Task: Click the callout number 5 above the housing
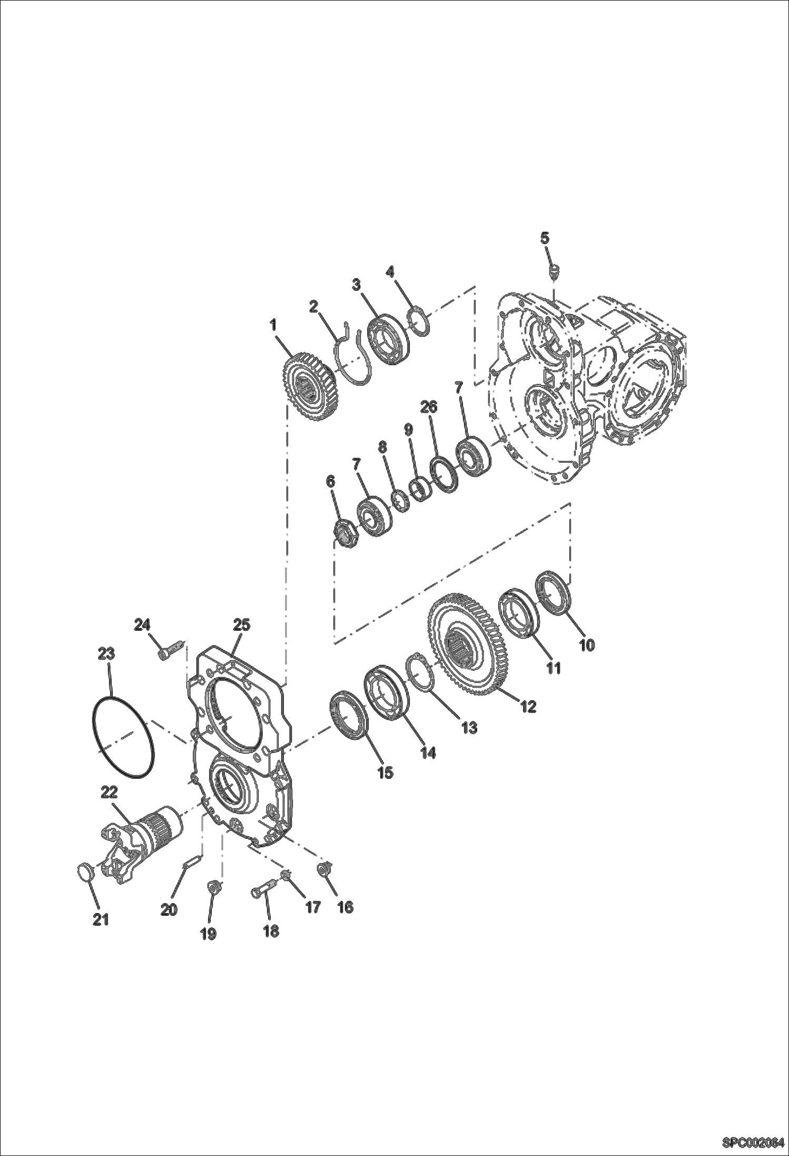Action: (545, 238)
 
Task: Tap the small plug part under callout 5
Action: (554, 272)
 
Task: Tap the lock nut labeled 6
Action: (346, 535)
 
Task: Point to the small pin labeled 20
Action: (193, 862)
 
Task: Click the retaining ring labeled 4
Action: (420, 320)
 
